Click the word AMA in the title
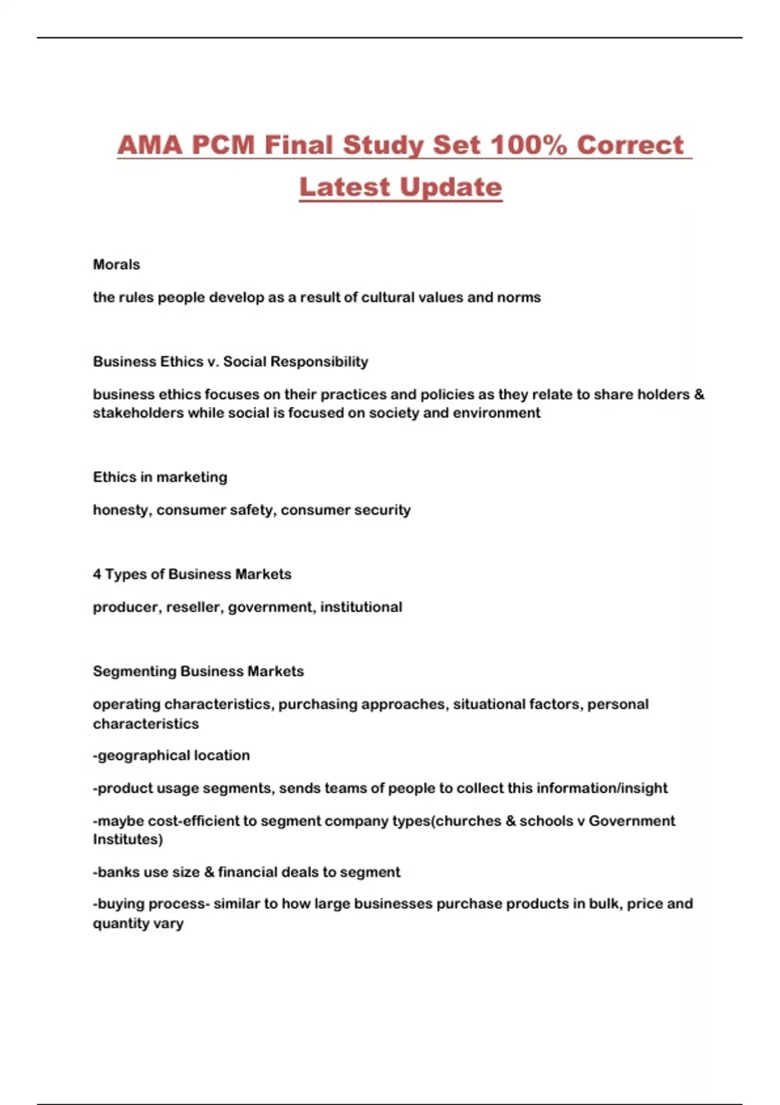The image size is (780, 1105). coord(149,145)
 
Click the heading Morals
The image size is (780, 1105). coord(116,265)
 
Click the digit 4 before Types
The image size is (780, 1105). coord(97,575)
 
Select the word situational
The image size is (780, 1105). coord(489,705)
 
